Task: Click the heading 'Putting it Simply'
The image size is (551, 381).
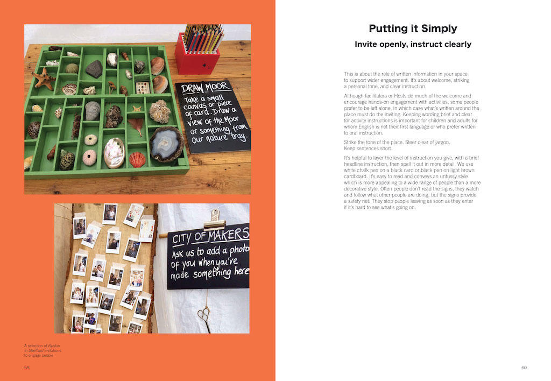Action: click(413, 29)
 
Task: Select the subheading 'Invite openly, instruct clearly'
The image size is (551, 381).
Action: click(413, 44)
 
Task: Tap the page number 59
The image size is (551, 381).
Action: click(27, 368)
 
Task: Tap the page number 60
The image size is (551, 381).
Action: click(524, 368)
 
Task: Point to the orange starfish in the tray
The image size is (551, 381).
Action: click(44, 78)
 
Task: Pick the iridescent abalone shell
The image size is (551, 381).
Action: click(114, 152)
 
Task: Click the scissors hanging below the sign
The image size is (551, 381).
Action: click(204, 318)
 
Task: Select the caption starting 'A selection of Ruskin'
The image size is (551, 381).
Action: click(43, 350)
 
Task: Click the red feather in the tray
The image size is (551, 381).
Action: click(136, 125)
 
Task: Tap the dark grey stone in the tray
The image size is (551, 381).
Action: click(94, 69)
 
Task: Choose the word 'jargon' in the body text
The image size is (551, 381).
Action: click(442, 143)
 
